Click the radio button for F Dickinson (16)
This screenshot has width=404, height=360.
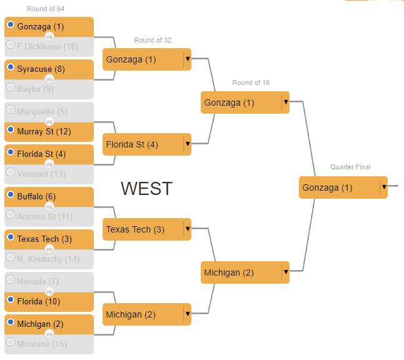[11, 45]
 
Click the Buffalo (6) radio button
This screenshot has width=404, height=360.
[11, 195]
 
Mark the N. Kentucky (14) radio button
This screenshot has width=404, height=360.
[11, 257]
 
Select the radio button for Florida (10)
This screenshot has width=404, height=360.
[11, 300]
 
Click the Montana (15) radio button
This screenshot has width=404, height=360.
[11, 342]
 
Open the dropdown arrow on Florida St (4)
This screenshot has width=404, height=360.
[187, 144]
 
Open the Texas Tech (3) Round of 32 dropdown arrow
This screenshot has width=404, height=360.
[187, 229]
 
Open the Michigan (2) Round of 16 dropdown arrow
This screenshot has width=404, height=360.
[285, 272]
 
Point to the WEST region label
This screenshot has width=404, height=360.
[146, 188]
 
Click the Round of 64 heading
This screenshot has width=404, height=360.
[46, 9]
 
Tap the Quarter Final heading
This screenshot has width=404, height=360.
[350, 167]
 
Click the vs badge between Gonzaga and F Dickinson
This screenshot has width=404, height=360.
[49, 36]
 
